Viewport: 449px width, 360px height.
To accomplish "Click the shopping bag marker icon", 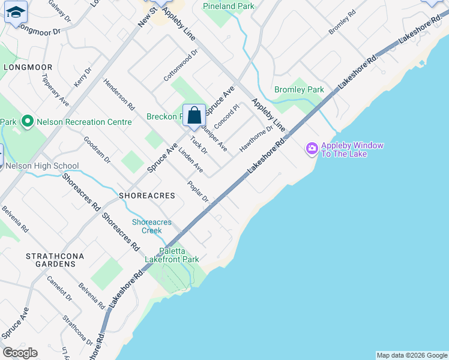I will pyautogui.click(x=194, y=115).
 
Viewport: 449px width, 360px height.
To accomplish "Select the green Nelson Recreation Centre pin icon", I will pyautogui.click(x=27, y=122).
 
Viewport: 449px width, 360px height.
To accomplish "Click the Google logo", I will pyautogui.click(x=20, y=353).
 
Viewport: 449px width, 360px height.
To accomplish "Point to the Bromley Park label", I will pyautogui.click(x=299, y=90).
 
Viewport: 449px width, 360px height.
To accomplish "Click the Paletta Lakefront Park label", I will pyautogui.click(x=179, y=256).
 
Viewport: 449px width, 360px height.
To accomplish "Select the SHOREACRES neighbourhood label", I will pyautogui.click(x=147, y=196).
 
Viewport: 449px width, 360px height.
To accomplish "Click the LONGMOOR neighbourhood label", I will pyautogui.click(x=28, y=67).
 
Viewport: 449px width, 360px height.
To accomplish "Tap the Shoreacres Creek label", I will pyautogui.click(x=152, y=226).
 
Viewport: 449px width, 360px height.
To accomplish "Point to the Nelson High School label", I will pyautogui.click(x=42, y=166).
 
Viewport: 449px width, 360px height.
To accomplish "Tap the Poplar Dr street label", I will pyautogui.click(x=197, y=191).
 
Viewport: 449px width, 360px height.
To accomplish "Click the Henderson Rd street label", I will pyautogui.click(x=119, y=94).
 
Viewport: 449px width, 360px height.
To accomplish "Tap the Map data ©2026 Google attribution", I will pyautogui.click(x=412, y=355).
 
